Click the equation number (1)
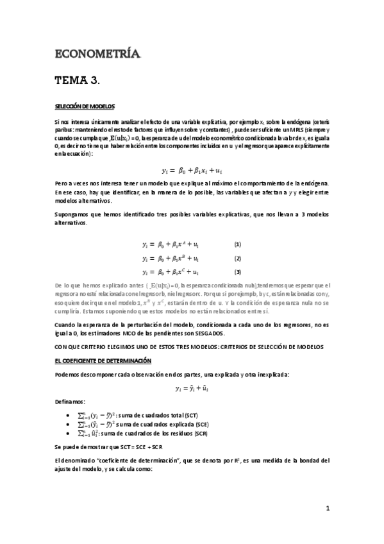click(x=237, y=244)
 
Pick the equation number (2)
click(x=237, y=259)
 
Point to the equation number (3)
click(x=237, y=272)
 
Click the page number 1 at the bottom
click(x=327, y=509)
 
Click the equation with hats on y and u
click(x=192, y=388)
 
